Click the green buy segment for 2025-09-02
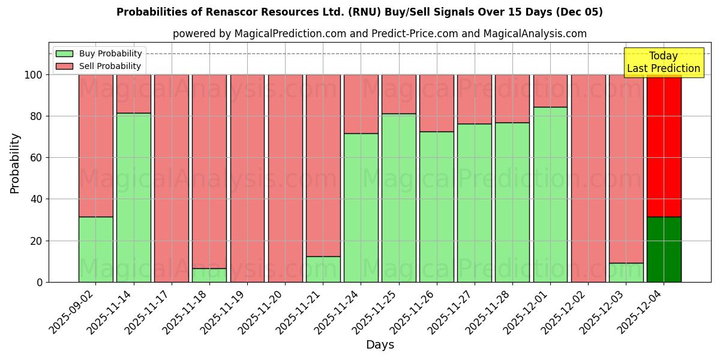pyautogui.click(x=95, y=249)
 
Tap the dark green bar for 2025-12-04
pyautogui.click(x=664, y=249)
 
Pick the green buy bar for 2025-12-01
pyautogui.click(x=550, y=194)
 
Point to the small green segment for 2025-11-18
pyautogui.click(x=209, y=275)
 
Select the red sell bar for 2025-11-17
pyautogui.click(x=172, y=178)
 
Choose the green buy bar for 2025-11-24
pyautogui.click(x=361, y=208)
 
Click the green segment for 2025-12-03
pyautogui.click(x=626, y=272)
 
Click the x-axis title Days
pyautogui.click(x=380, y=345)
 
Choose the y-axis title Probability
pyautogui.click(x=15, y=163)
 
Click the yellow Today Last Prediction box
pyautogui.click(x=663, y=62)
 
